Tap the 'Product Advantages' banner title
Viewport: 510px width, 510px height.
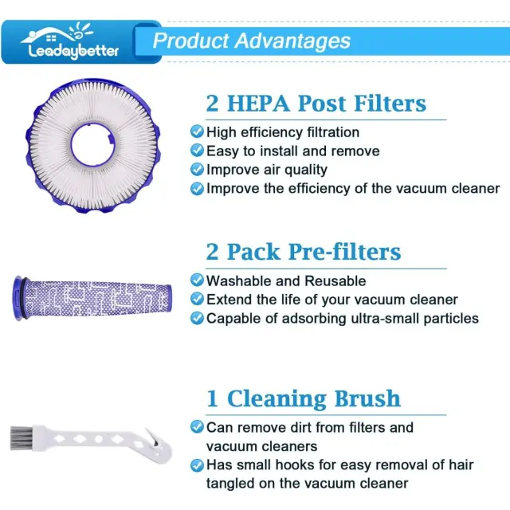(252, 41)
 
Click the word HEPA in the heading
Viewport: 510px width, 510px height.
(258, 104)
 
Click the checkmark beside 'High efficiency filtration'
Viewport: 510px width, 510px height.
(197, 131)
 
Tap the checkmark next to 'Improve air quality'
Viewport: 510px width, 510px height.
(197, 170)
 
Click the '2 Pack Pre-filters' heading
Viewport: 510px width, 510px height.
(304, 252)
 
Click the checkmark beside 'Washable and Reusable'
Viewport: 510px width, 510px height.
(197, 280)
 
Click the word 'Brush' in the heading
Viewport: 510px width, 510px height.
(367, 398)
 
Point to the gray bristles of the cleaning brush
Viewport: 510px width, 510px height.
(20, 438)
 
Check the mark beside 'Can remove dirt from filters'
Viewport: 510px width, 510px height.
(197, 427)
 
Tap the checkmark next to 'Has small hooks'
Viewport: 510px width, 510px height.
(197, 465)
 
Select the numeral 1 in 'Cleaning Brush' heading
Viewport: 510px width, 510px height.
(212, 398)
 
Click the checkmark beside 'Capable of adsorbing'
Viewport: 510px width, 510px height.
(197, 318)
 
